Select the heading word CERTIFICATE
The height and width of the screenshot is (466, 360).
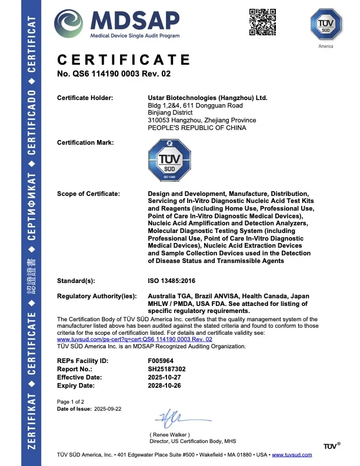[124, 60]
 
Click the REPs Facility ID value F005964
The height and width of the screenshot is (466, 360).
[162, 360]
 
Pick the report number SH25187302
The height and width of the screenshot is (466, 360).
[168, 368]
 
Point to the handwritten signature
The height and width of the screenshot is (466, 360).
[177, 418]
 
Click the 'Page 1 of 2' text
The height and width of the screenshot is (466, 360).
[71, 401]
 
